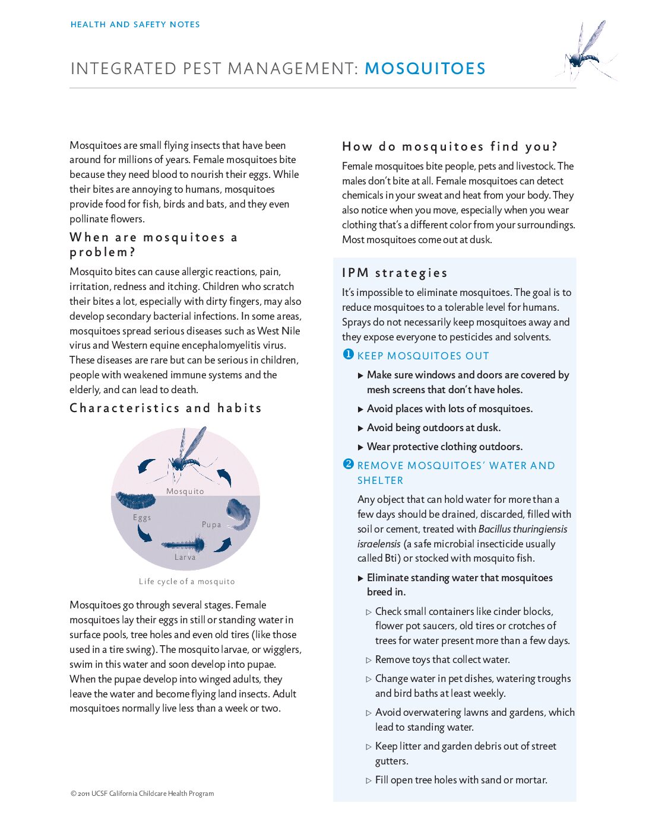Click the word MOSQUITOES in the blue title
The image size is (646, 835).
425,69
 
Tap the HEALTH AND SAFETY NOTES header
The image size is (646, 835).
135,25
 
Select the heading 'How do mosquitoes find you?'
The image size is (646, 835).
449,146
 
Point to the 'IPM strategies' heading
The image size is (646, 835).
395,273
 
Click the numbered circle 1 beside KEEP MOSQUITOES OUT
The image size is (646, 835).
349,355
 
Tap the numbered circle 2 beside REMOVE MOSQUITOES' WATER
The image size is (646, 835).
349,464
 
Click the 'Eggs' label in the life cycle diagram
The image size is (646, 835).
142,517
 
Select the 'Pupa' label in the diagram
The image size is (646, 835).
211,524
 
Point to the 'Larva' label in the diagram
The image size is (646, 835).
185,557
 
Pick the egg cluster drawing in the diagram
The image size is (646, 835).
135,501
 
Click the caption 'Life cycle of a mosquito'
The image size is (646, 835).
186,581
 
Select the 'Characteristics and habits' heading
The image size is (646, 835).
166,408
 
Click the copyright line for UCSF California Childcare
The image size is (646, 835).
142,793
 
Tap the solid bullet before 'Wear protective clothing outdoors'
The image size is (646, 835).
361,447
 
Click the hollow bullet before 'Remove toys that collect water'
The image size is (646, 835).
369,660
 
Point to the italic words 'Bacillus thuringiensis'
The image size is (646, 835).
522,529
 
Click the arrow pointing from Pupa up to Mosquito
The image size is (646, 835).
224,477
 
